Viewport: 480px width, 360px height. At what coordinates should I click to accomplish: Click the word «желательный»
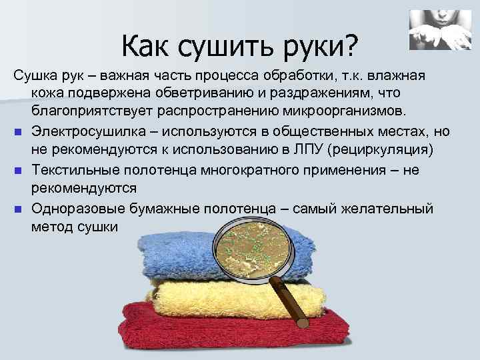[x=390, y=209]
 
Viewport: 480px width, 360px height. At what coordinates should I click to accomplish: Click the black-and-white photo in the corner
[x=436, y=31]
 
